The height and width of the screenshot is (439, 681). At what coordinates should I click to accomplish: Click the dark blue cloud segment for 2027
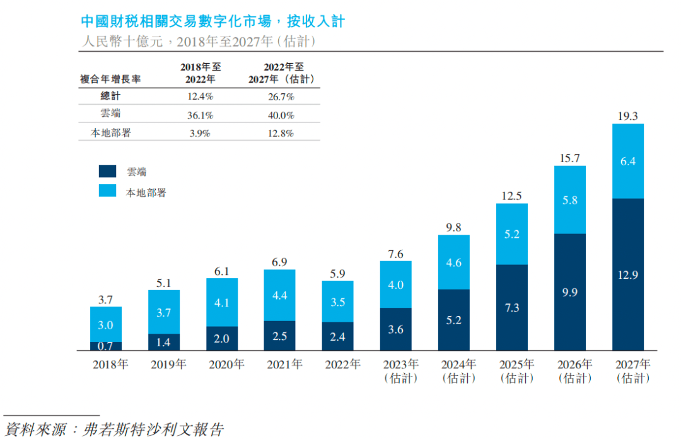click(x=628, y=274)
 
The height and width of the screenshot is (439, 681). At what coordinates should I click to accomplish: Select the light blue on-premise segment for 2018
click(x=106, y=324)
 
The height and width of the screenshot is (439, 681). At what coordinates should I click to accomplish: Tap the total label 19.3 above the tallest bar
click(x=628, y=116)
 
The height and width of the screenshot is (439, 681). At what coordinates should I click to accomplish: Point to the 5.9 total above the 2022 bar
click(x=337, y=274)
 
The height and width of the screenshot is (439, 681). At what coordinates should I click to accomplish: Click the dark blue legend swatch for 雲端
click(x=108, y=172)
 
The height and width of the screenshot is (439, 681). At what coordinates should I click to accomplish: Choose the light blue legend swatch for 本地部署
click(x=108, y=191)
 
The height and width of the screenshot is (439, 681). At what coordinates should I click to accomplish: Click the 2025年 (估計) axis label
click(x=516, y=372)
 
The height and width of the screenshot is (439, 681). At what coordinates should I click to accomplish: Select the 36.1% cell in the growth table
click(x=200, y=115)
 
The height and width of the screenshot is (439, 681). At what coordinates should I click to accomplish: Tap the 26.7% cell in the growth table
click(x=281, y=97)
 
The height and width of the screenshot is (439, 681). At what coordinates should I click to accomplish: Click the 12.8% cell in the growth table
click(x=281, y=133)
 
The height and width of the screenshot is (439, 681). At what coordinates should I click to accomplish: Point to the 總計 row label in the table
click(x=110, y=97)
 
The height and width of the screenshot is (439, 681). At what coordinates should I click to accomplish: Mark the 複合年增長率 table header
click(x=110, y=79)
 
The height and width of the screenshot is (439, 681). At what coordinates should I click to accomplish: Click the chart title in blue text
click(x=213, y=21)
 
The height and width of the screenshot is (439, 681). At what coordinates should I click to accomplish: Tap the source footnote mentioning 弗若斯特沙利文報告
click(x=113, y=430)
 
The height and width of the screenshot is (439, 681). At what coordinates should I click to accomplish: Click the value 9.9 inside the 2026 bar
click(x=570, y=292)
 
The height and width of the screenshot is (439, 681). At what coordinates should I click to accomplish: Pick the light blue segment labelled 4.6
click(x=454, y=262)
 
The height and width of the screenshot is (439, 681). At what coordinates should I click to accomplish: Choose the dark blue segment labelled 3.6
click(x=396, y=329)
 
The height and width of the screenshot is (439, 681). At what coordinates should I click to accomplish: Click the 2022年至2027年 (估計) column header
click(x=281, y=73)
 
